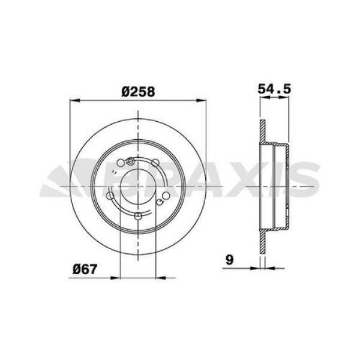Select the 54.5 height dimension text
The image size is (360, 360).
point(274,88)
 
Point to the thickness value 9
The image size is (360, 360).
point(229,260)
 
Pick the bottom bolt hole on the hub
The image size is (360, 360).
point(138,216)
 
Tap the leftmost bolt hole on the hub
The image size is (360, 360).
point(109,195)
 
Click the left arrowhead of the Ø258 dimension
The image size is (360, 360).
point(74,100)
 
